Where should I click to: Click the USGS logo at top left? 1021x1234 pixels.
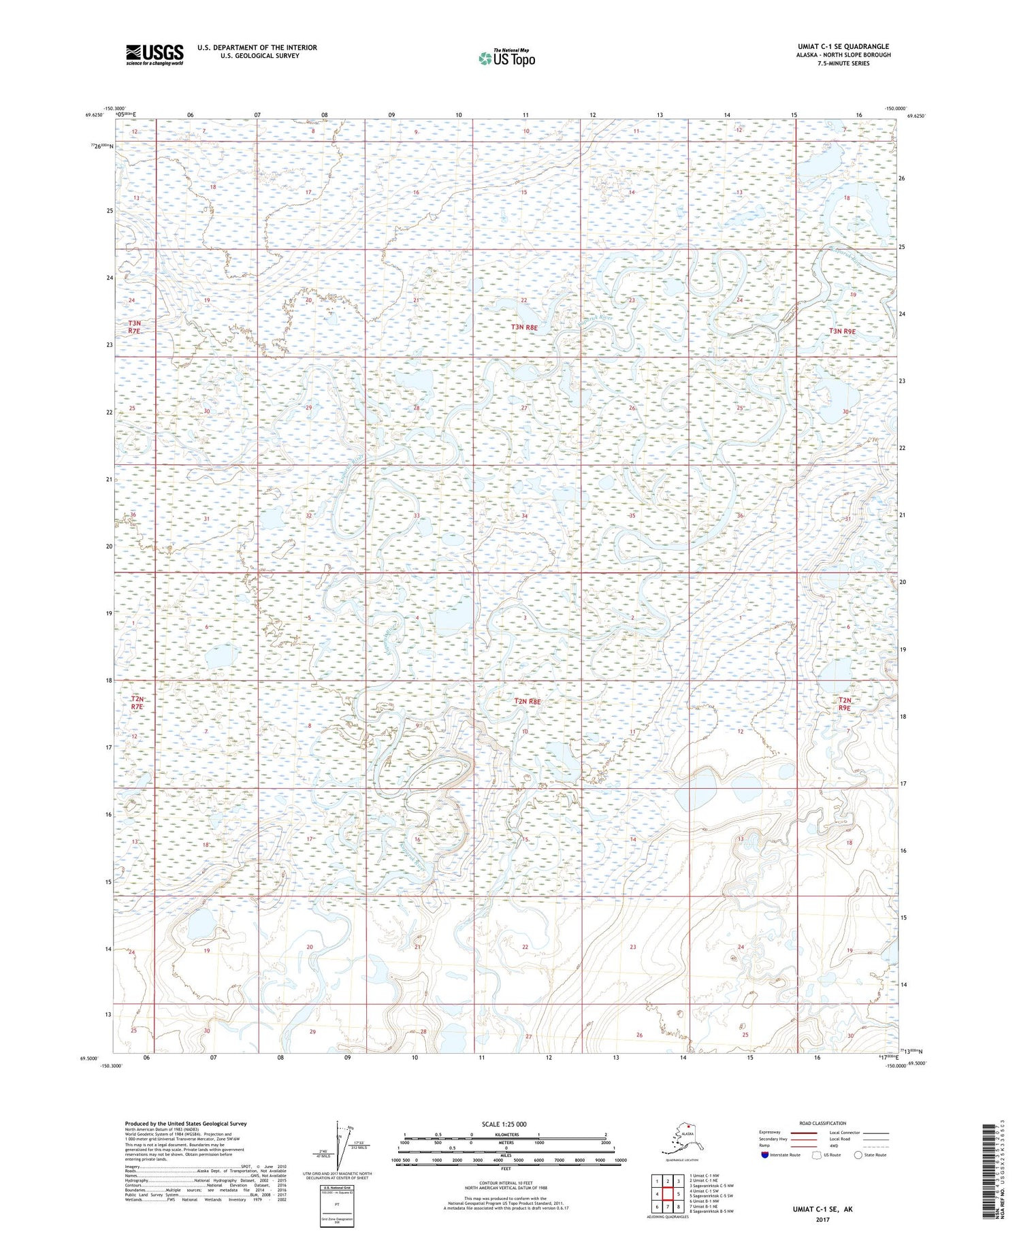pyautogui.click(x=155, y=54)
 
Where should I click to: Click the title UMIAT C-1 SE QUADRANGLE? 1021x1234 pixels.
pyautogui.click(x=843, y=47)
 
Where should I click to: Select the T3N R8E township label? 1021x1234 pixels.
pyautogui.click(x=524, y=327)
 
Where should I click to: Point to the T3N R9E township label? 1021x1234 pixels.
pyautogui.click(x=842, y=331)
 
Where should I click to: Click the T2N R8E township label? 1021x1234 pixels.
pyautogui.click(x=527, y=701)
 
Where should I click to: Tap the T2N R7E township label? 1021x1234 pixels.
pyautogui.click(x=137, y=703)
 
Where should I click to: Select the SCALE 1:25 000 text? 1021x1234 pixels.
pyautogui.click(x=504, y=1124)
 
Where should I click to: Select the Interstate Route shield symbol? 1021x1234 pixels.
pyautogui.click(x=765, y=1155)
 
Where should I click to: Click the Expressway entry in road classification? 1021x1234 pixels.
pyautogui.click(x=769, y=1133)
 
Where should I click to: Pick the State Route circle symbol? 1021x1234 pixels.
pyautogui.click(x=858, y=1155)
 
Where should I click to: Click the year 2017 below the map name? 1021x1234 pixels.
pyautogui.click(x=822, y=1218)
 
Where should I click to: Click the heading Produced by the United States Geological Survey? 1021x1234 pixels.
pyautogui.click(x=185, y=1124)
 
